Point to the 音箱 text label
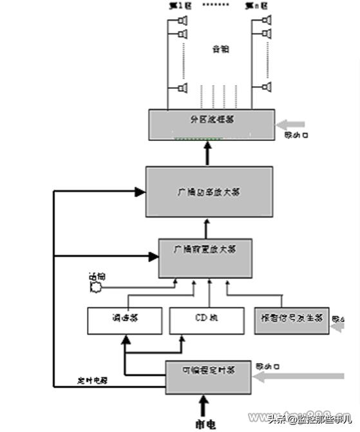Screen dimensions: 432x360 [x=221, y=49]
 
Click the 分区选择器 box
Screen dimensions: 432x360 [x=208, y=124]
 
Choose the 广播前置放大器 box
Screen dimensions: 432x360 [x=205, y=258]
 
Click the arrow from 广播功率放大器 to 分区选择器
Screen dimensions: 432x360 [x=207, y=155]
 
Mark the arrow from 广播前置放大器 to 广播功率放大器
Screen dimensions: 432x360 [x=207, y=228]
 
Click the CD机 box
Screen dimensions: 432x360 [x=207, y=320]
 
